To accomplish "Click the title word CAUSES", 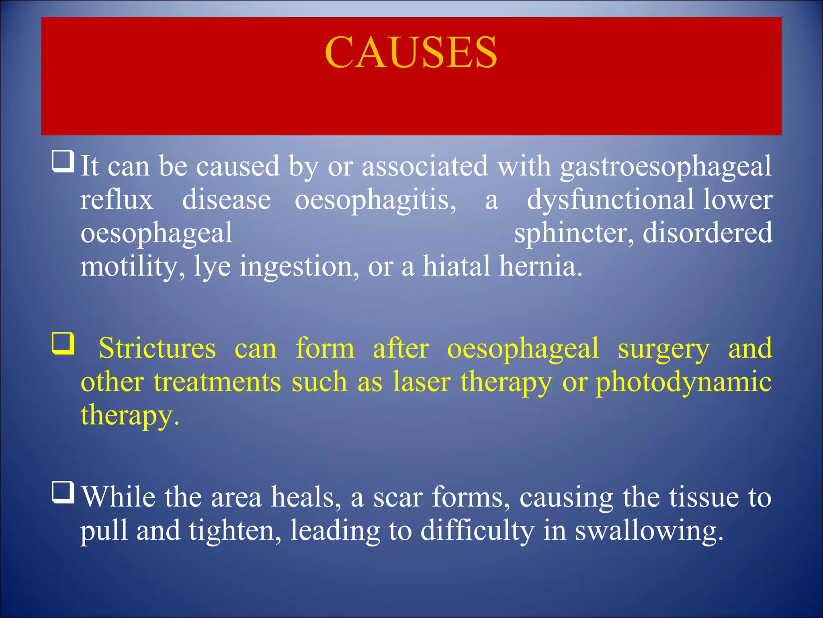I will (411, 52).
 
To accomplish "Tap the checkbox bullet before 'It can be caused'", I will (63, 161).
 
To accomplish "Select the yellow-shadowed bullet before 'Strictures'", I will (63, 343).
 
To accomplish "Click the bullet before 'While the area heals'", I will (63, 492).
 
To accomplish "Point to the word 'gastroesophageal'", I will (665, 167).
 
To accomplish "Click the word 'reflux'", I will (117, 200).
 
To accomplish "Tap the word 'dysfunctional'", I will (610, 200).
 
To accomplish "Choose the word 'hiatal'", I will (456, 266).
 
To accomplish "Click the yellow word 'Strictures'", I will (157, 348).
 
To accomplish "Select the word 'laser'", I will (422, 382).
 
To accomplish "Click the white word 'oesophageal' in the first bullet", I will (156, 233).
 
